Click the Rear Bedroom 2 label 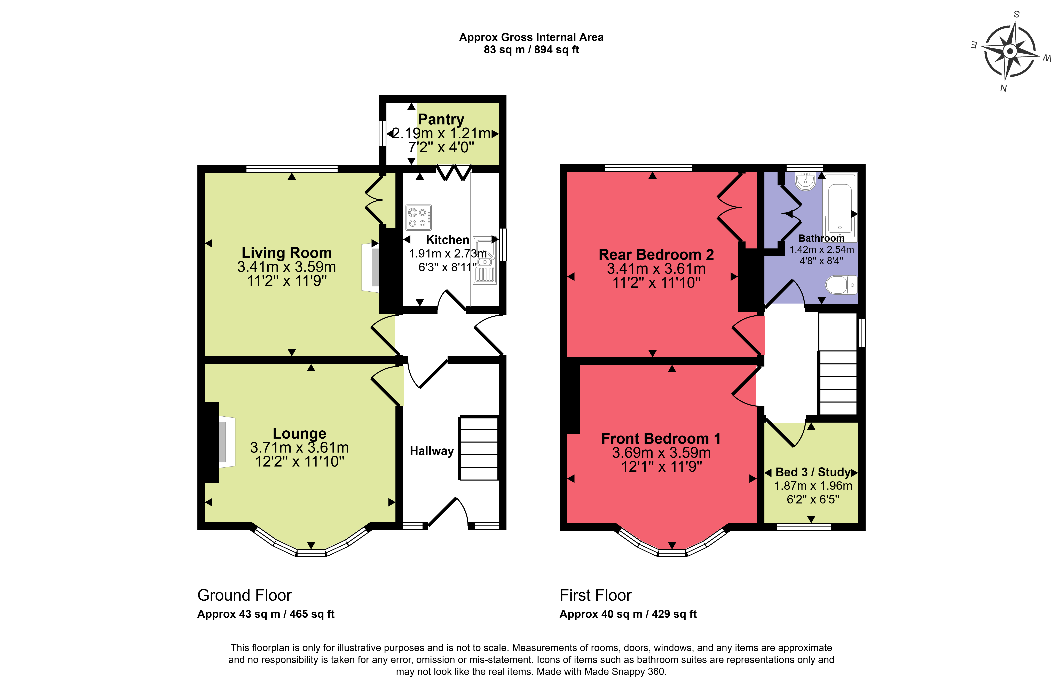coord(656,255)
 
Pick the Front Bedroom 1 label coord(661,439)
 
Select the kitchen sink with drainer coord(485,261)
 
